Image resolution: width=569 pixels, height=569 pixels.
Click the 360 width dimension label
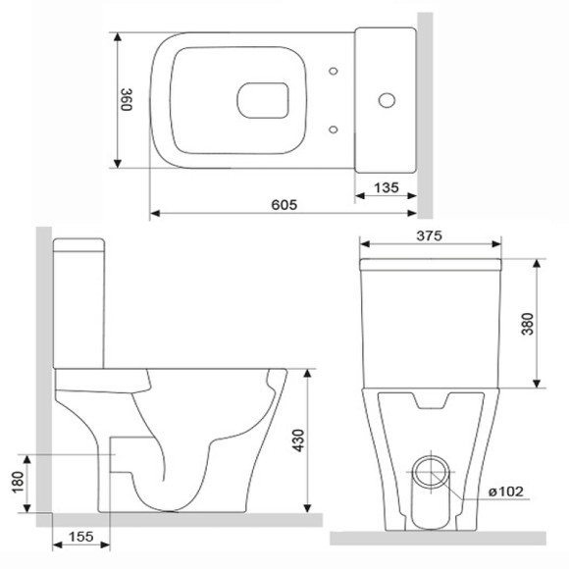[126, 100]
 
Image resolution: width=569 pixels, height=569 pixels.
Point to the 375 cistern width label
[430, 235]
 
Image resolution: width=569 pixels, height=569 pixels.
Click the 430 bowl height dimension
[295, 442]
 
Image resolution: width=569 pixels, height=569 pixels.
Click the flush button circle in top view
[386, 100]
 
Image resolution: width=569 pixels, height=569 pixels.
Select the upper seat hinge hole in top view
[336, 71]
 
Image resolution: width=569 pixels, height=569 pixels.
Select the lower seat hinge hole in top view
[336, 129]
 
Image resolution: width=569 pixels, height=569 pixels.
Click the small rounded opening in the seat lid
[264, 100]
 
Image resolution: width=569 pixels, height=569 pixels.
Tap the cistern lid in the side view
[79, 245]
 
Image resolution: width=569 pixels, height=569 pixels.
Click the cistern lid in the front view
[432, 266]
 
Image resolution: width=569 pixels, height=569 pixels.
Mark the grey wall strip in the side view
[42, 373]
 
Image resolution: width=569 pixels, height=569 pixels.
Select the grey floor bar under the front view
[437, 537]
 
